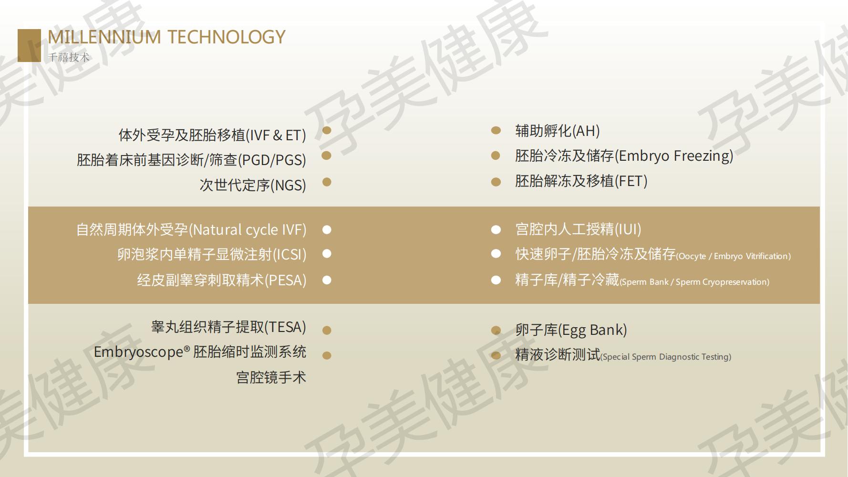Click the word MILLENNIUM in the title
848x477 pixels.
(x=104, y=37)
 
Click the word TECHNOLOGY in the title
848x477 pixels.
(x=227, y=37)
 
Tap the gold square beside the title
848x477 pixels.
(x=29, y=45)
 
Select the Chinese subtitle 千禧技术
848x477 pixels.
(x=69, y=57)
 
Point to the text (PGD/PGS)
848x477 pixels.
(x=272, y=160)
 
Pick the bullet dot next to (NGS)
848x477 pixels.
(x=327, y=182)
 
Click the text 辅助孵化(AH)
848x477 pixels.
(x=558, y=131)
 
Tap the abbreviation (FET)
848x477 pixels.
(x=631, y=181)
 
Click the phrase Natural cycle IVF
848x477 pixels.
(x=248, y=230)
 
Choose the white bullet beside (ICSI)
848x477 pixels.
(x=327, y=254)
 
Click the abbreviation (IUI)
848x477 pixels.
(x=628, y=229)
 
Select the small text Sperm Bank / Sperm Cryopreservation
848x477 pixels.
(x=694, y=282)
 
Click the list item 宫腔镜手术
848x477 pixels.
(x=271, y=377)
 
